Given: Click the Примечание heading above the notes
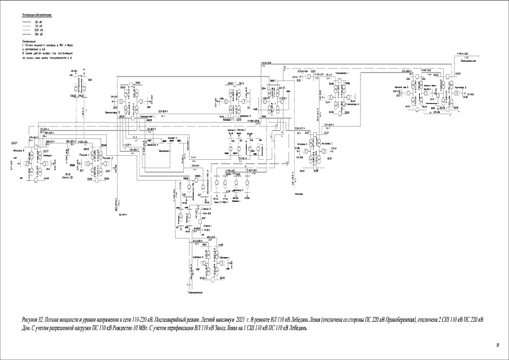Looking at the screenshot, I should pyautogui.click(x=29, y=41).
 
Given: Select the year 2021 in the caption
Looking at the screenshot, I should pyautogui.click(x=240, y=319).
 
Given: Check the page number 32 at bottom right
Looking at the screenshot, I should pyautogui.click(x=497, y=345).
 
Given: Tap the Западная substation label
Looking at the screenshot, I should pyautogui.click(x=165, y=151).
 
